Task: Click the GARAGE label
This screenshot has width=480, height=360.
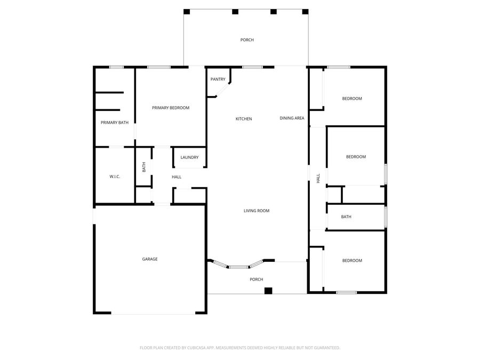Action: pyautogui.click(x=149, y=259)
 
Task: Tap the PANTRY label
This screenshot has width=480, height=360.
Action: pyautogui.click(x=218, y=79)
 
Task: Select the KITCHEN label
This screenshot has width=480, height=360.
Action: pyautogui.click(x=244, y=119)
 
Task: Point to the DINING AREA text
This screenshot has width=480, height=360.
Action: pyautogui.click(x=292, y=118)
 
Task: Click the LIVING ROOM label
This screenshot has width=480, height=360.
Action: pyautogui.click(x=257, y=211)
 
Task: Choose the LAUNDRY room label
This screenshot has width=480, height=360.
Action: pyautogui.click(x=189, y=157)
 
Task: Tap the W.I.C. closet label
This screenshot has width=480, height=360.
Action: pyautogui.click(x=115, y=177)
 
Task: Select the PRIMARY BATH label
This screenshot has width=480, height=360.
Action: pyautogui.click(x=115, y=123)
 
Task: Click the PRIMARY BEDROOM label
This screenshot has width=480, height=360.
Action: pyautogui.click(x=171, y=108)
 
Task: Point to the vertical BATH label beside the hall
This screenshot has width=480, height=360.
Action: pyautogui.click(x=143, y=167)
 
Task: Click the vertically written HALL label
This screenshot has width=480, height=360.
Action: pyautogui.click(x=318, y=178)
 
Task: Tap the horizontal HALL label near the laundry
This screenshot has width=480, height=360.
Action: pyautogui.click(x=177, y=177)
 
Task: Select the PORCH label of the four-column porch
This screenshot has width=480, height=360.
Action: pyautogui.click(x=247, y=40)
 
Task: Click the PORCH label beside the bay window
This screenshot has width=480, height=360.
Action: pyautogui.click(x=257, y=279)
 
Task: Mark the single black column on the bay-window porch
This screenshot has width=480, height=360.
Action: pyautogui.click(x=268, y=291)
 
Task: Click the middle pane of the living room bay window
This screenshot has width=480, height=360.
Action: pyautogui.click(x=239, y=267)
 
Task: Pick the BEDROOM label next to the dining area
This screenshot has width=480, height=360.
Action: pyautogui.click(x=352, y=99)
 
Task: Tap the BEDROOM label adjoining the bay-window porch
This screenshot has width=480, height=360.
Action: pyautogui.click(x=352, y=261)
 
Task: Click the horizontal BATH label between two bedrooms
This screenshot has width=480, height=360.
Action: pyautogui.click(x=346, y=217)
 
